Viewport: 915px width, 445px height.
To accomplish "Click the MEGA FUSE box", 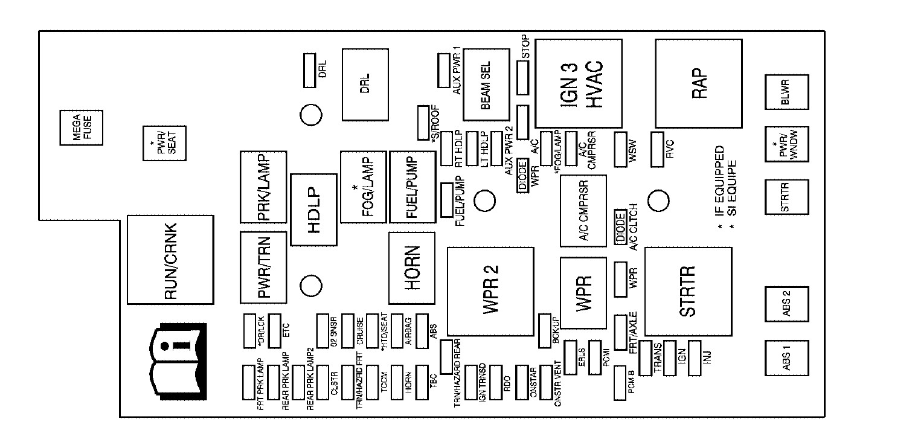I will coord(81,127).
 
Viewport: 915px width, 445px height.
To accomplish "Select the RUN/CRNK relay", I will coord(172,260).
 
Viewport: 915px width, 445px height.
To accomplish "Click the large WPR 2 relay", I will coord(490,290).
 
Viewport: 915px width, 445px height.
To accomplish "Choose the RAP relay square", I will coord(698,82).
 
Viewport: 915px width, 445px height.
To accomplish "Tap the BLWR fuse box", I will coord(786,94).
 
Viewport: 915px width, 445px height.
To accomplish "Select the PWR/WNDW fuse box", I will coord(786,145).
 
